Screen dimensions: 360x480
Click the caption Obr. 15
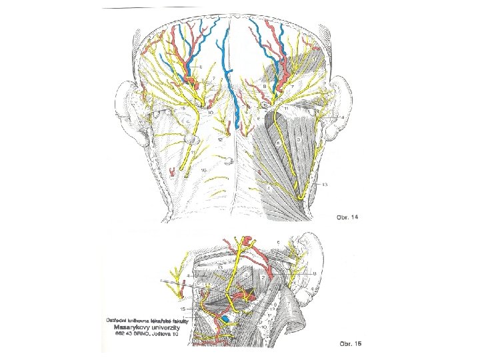click(x=347, y=344)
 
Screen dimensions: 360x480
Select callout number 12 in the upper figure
click(x=220, y=140)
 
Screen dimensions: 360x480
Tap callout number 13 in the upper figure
click(x=325, y=184)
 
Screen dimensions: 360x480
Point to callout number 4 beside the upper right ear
click(x=342, y=117)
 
